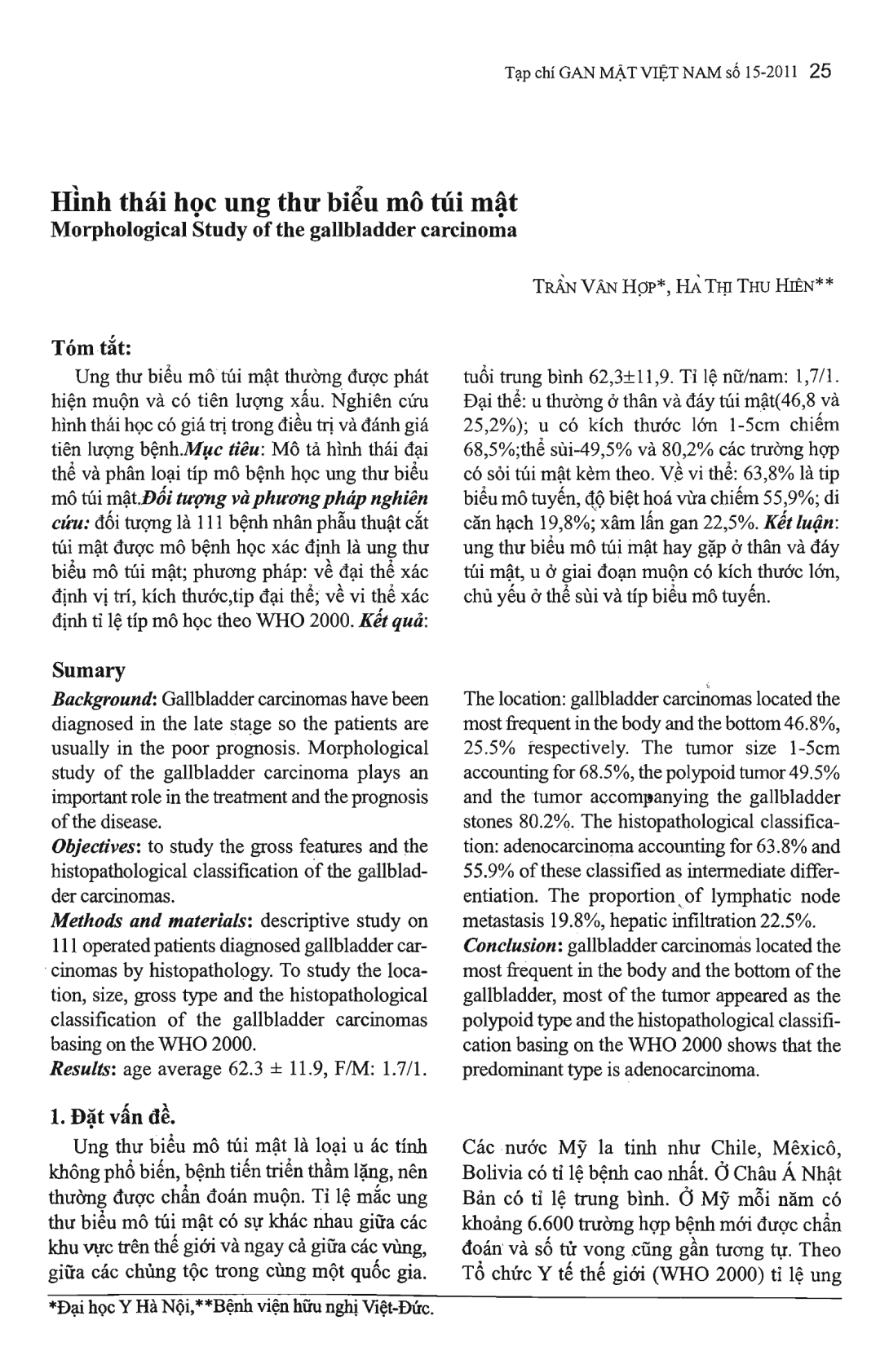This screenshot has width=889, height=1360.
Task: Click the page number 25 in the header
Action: coord(820,71)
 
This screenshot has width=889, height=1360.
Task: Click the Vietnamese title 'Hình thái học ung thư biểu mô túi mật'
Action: coord(285,201)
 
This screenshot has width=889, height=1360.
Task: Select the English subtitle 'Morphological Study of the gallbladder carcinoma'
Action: coord(284,229)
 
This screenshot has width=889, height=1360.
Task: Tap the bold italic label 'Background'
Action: coord(104,699)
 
